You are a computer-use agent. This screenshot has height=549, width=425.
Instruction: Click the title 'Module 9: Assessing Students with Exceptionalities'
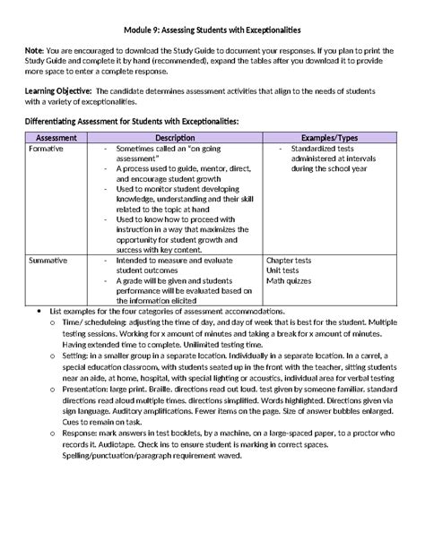(212, 30)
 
